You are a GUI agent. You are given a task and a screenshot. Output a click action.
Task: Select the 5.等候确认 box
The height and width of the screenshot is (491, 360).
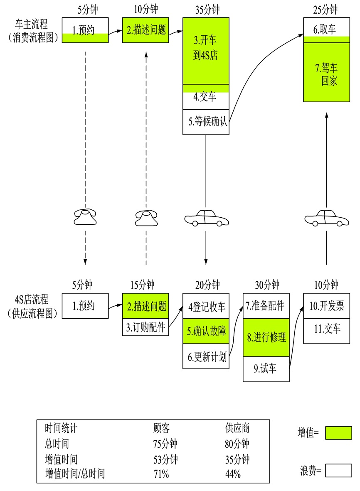(206, 122)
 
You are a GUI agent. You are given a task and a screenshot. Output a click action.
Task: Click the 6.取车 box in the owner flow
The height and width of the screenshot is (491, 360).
(326, 29)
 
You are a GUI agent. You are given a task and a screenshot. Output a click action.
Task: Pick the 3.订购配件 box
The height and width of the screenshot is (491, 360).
(145, 327)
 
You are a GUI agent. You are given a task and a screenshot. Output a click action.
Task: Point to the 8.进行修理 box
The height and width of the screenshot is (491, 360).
(266, 338)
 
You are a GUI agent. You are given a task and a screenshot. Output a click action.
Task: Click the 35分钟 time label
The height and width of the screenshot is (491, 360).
(207, 9)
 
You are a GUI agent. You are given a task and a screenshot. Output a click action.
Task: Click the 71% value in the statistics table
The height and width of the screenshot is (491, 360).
(161, 474)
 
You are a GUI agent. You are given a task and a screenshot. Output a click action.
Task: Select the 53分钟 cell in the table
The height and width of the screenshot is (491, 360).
(165, 460)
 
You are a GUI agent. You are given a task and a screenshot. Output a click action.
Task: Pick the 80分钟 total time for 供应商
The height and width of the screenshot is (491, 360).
(237, 444)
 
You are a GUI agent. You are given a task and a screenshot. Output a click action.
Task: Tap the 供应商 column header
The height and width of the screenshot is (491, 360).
(237, 428)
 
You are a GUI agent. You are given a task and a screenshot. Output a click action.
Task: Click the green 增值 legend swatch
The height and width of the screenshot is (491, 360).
(338, 433)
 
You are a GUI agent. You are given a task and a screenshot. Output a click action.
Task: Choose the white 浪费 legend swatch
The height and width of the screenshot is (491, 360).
(338, 470)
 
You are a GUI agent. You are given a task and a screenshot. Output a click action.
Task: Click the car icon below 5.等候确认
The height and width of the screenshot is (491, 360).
(206, 218)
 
